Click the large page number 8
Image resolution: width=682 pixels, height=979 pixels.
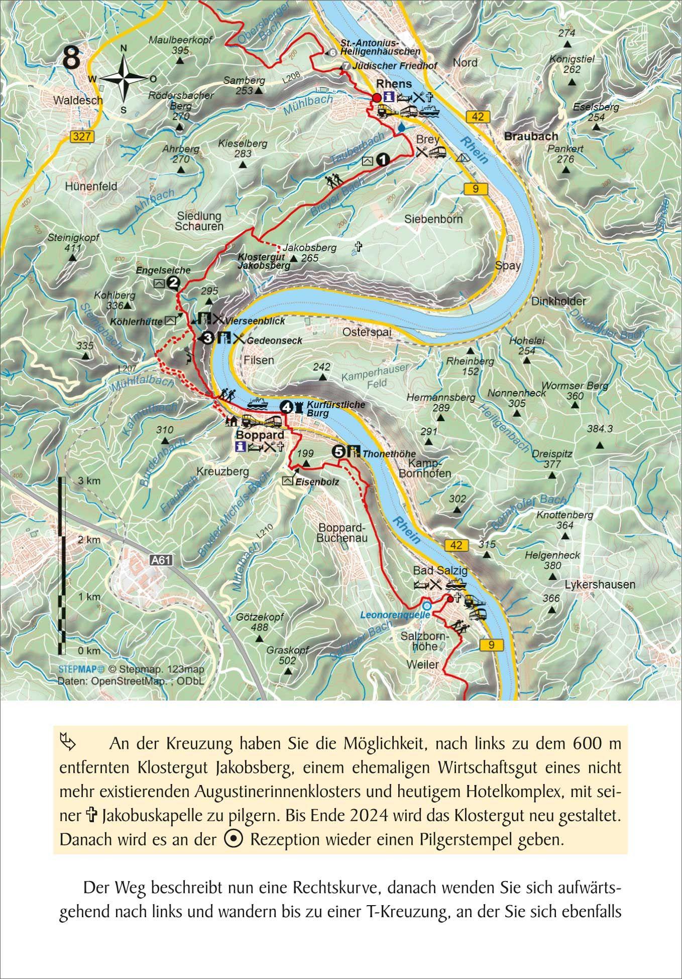click(71, 58)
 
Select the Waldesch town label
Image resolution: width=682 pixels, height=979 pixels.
click(78, 100)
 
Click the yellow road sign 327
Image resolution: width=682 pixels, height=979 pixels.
click(81, 136)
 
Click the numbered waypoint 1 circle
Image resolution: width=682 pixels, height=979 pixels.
click(383, 160)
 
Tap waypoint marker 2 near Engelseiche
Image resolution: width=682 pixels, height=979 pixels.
click(173, 283)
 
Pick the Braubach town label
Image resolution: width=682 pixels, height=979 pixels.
click(531, 136)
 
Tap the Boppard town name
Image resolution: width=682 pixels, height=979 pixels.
click(260, 435)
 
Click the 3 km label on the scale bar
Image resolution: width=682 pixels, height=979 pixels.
click(89, 480)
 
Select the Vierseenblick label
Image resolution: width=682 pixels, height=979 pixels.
click(255, 321)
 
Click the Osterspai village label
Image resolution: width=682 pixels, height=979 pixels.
click(367, 332)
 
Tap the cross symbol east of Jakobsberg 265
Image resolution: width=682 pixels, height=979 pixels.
click(358, 246)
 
